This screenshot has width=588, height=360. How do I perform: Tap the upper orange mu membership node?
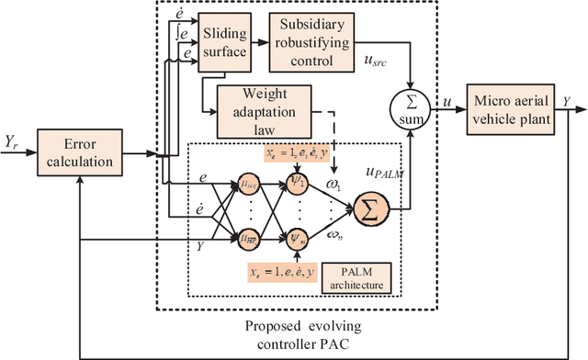click(248, 184)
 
